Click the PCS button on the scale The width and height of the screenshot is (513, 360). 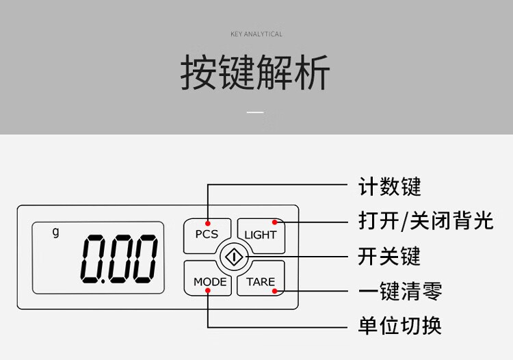point(206,235)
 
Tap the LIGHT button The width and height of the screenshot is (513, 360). point(261,235)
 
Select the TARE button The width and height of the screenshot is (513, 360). point(261,281)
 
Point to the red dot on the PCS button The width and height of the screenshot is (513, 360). point(207,222)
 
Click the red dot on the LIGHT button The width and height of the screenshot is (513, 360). point(275,222)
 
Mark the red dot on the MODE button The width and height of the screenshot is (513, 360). point(207,291)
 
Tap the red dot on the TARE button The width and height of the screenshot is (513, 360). point(275,291)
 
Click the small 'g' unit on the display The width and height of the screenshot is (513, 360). point(56,231)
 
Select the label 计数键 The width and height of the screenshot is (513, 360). point(390,186)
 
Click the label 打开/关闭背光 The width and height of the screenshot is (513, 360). point(425,221)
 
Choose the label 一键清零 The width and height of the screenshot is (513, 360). point(400,291)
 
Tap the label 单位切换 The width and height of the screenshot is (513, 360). point(400,326)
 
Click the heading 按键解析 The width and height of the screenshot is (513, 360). point(255,73)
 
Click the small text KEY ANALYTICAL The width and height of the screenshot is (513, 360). point(256,34)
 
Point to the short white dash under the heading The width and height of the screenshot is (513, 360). point(255,112)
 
